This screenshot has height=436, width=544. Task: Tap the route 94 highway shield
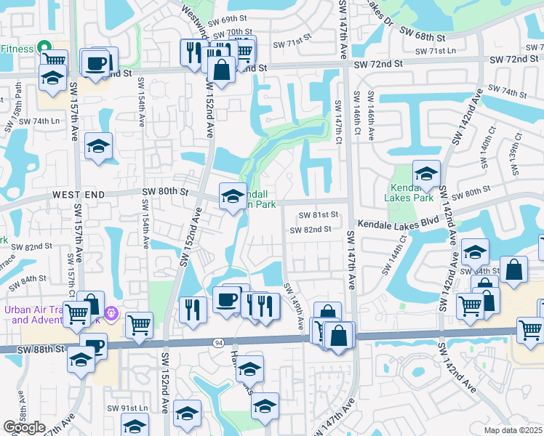(218, 342)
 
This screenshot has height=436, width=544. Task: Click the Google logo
(24, 427)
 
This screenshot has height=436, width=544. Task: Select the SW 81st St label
(319, 215)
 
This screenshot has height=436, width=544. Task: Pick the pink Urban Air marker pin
(111, 314)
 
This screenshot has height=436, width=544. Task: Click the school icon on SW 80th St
(232, 197)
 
